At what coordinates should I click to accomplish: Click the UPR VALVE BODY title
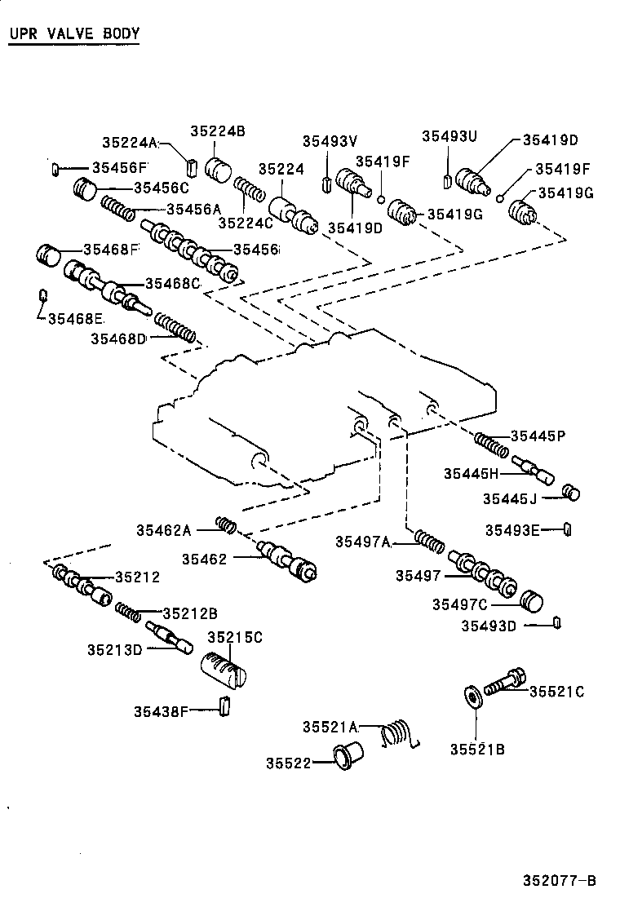pos(74,34)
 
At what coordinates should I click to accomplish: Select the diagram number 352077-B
pos(560,881)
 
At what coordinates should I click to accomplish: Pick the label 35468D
pos(117,338)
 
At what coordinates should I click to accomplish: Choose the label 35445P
pos(538,436)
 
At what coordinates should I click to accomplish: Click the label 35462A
pos(163,531)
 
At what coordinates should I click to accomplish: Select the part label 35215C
pos(234,637)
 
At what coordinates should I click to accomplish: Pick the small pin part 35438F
pos(226,704)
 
